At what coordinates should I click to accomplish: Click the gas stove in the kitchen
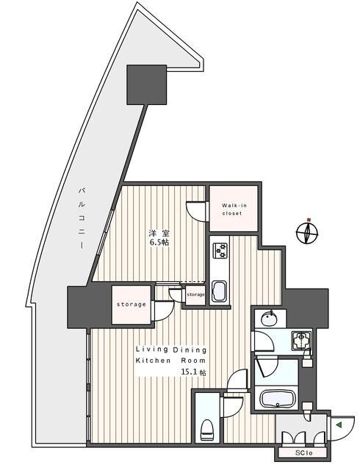click(220, 252)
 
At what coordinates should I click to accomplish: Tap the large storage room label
click(132, 304)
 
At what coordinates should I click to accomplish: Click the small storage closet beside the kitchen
click(195, 294)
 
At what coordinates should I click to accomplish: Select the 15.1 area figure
click(190, 373)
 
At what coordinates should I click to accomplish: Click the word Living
click(150, 350)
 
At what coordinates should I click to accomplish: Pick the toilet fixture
click(208, 427)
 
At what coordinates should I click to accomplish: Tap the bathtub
click(279, 400)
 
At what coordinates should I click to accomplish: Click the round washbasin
click(269, 317)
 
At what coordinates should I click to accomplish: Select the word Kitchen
click(153, 361)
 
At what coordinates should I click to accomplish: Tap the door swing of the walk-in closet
click(197, 209)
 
